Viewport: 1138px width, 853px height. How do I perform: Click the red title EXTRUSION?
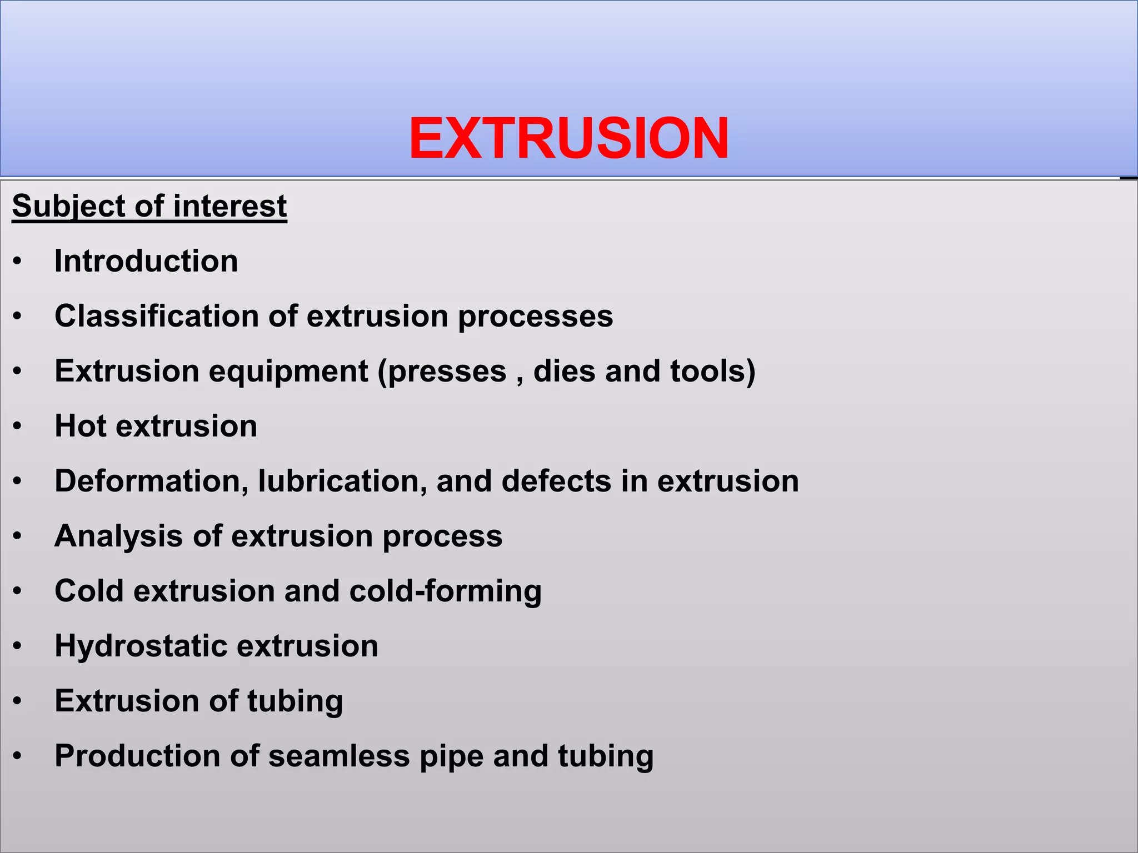click(568, 138)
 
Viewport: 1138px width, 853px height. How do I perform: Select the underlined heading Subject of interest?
click(149, 206)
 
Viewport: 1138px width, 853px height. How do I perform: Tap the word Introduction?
click(146, 261)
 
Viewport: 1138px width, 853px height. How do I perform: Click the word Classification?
click(157, 316)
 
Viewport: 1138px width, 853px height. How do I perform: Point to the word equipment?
click(288, 372)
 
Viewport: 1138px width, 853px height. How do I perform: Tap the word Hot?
click(81, 426)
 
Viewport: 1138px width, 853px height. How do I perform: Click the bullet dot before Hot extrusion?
click(18, 426)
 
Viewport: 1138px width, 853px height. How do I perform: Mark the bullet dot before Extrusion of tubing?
click(18, 701)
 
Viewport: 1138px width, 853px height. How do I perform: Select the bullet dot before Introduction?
click(18, 262)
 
